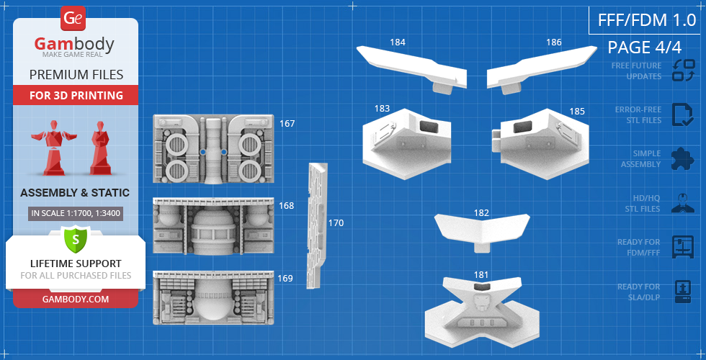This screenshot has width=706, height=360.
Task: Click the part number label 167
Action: click(287, 124)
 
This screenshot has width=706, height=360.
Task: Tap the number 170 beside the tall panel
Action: click(336, 223)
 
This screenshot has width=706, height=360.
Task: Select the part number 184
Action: click(397, 42)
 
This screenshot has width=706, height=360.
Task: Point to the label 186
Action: click(553, 42)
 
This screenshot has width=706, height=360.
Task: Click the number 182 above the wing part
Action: click(481, 213)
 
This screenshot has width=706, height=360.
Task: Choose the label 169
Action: click(285, 278)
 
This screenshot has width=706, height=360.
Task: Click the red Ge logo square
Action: click(73, 18)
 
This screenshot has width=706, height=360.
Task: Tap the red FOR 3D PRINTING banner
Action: click(76, 95)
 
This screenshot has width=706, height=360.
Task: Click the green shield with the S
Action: click(76, 238)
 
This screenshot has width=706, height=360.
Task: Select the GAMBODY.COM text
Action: click(76, 298)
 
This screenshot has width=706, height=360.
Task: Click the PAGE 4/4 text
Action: click(644, 48)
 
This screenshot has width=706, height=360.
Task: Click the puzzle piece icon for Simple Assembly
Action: click(682, 158)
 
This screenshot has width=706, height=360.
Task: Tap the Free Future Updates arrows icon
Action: click(683, 71)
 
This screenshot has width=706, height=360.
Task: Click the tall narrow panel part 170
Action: click(316, 225)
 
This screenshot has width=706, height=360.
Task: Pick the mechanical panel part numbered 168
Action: click(214, 226)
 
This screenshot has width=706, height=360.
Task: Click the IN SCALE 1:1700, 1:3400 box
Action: click(76, 213)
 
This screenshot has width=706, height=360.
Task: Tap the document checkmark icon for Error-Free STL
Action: click(682, 115)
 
